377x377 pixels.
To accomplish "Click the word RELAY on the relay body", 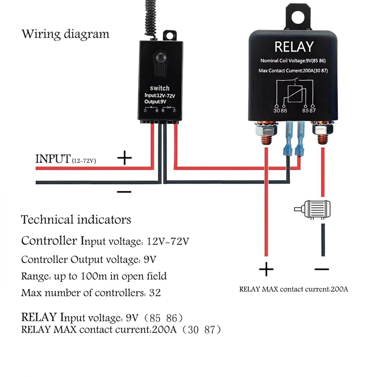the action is click(294, 47).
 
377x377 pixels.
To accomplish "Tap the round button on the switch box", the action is click(160, 58).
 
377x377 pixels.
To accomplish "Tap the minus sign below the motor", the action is click(322, 269).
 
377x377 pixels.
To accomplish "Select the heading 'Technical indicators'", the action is click(76, 219).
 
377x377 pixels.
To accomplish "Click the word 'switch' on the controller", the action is click(160, 88).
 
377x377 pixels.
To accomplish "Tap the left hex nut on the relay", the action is click(266, 129).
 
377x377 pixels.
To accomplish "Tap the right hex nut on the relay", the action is click(322, 129).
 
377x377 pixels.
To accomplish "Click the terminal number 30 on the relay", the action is click(277, 110).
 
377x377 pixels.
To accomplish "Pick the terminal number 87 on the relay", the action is click(313, 110).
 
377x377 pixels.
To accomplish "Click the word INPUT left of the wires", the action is click(53, 159).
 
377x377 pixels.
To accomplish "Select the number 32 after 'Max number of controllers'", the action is click(155, 293).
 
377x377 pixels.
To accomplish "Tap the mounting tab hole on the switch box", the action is click(169, 35).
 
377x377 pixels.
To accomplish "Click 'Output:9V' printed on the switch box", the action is click(155, 102).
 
